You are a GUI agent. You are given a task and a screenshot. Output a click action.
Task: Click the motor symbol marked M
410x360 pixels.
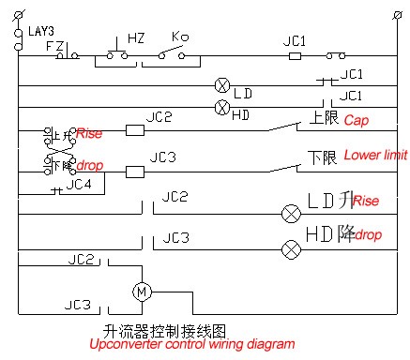[144, 292]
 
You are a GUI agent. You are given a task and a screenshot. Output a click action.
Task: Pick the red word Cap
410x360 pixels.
[357, 121]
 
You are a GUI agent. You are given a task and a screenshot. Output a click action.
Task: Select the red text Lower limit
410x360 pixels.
[374, 154]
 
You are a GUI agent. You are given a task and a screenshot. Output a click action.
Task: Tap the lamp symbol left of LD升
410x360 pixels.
[289, 213]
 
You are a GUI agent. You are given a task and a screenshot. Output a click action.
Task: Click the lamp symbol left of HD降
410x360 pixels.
[290, 248]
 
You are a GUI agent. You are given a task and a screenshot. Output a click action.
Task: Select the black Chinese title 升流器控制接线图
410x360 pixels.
[165, 329]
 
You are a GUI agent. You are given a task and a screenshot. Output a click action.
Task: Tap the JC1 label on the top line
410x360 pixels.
[296, 41]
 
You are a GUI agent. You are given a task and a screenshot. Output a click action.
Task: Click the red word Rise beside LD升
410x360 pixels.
[366, 202]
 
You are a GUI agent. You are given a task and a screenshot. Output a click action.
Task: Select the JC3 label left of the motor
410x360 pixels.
[78, 304]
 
